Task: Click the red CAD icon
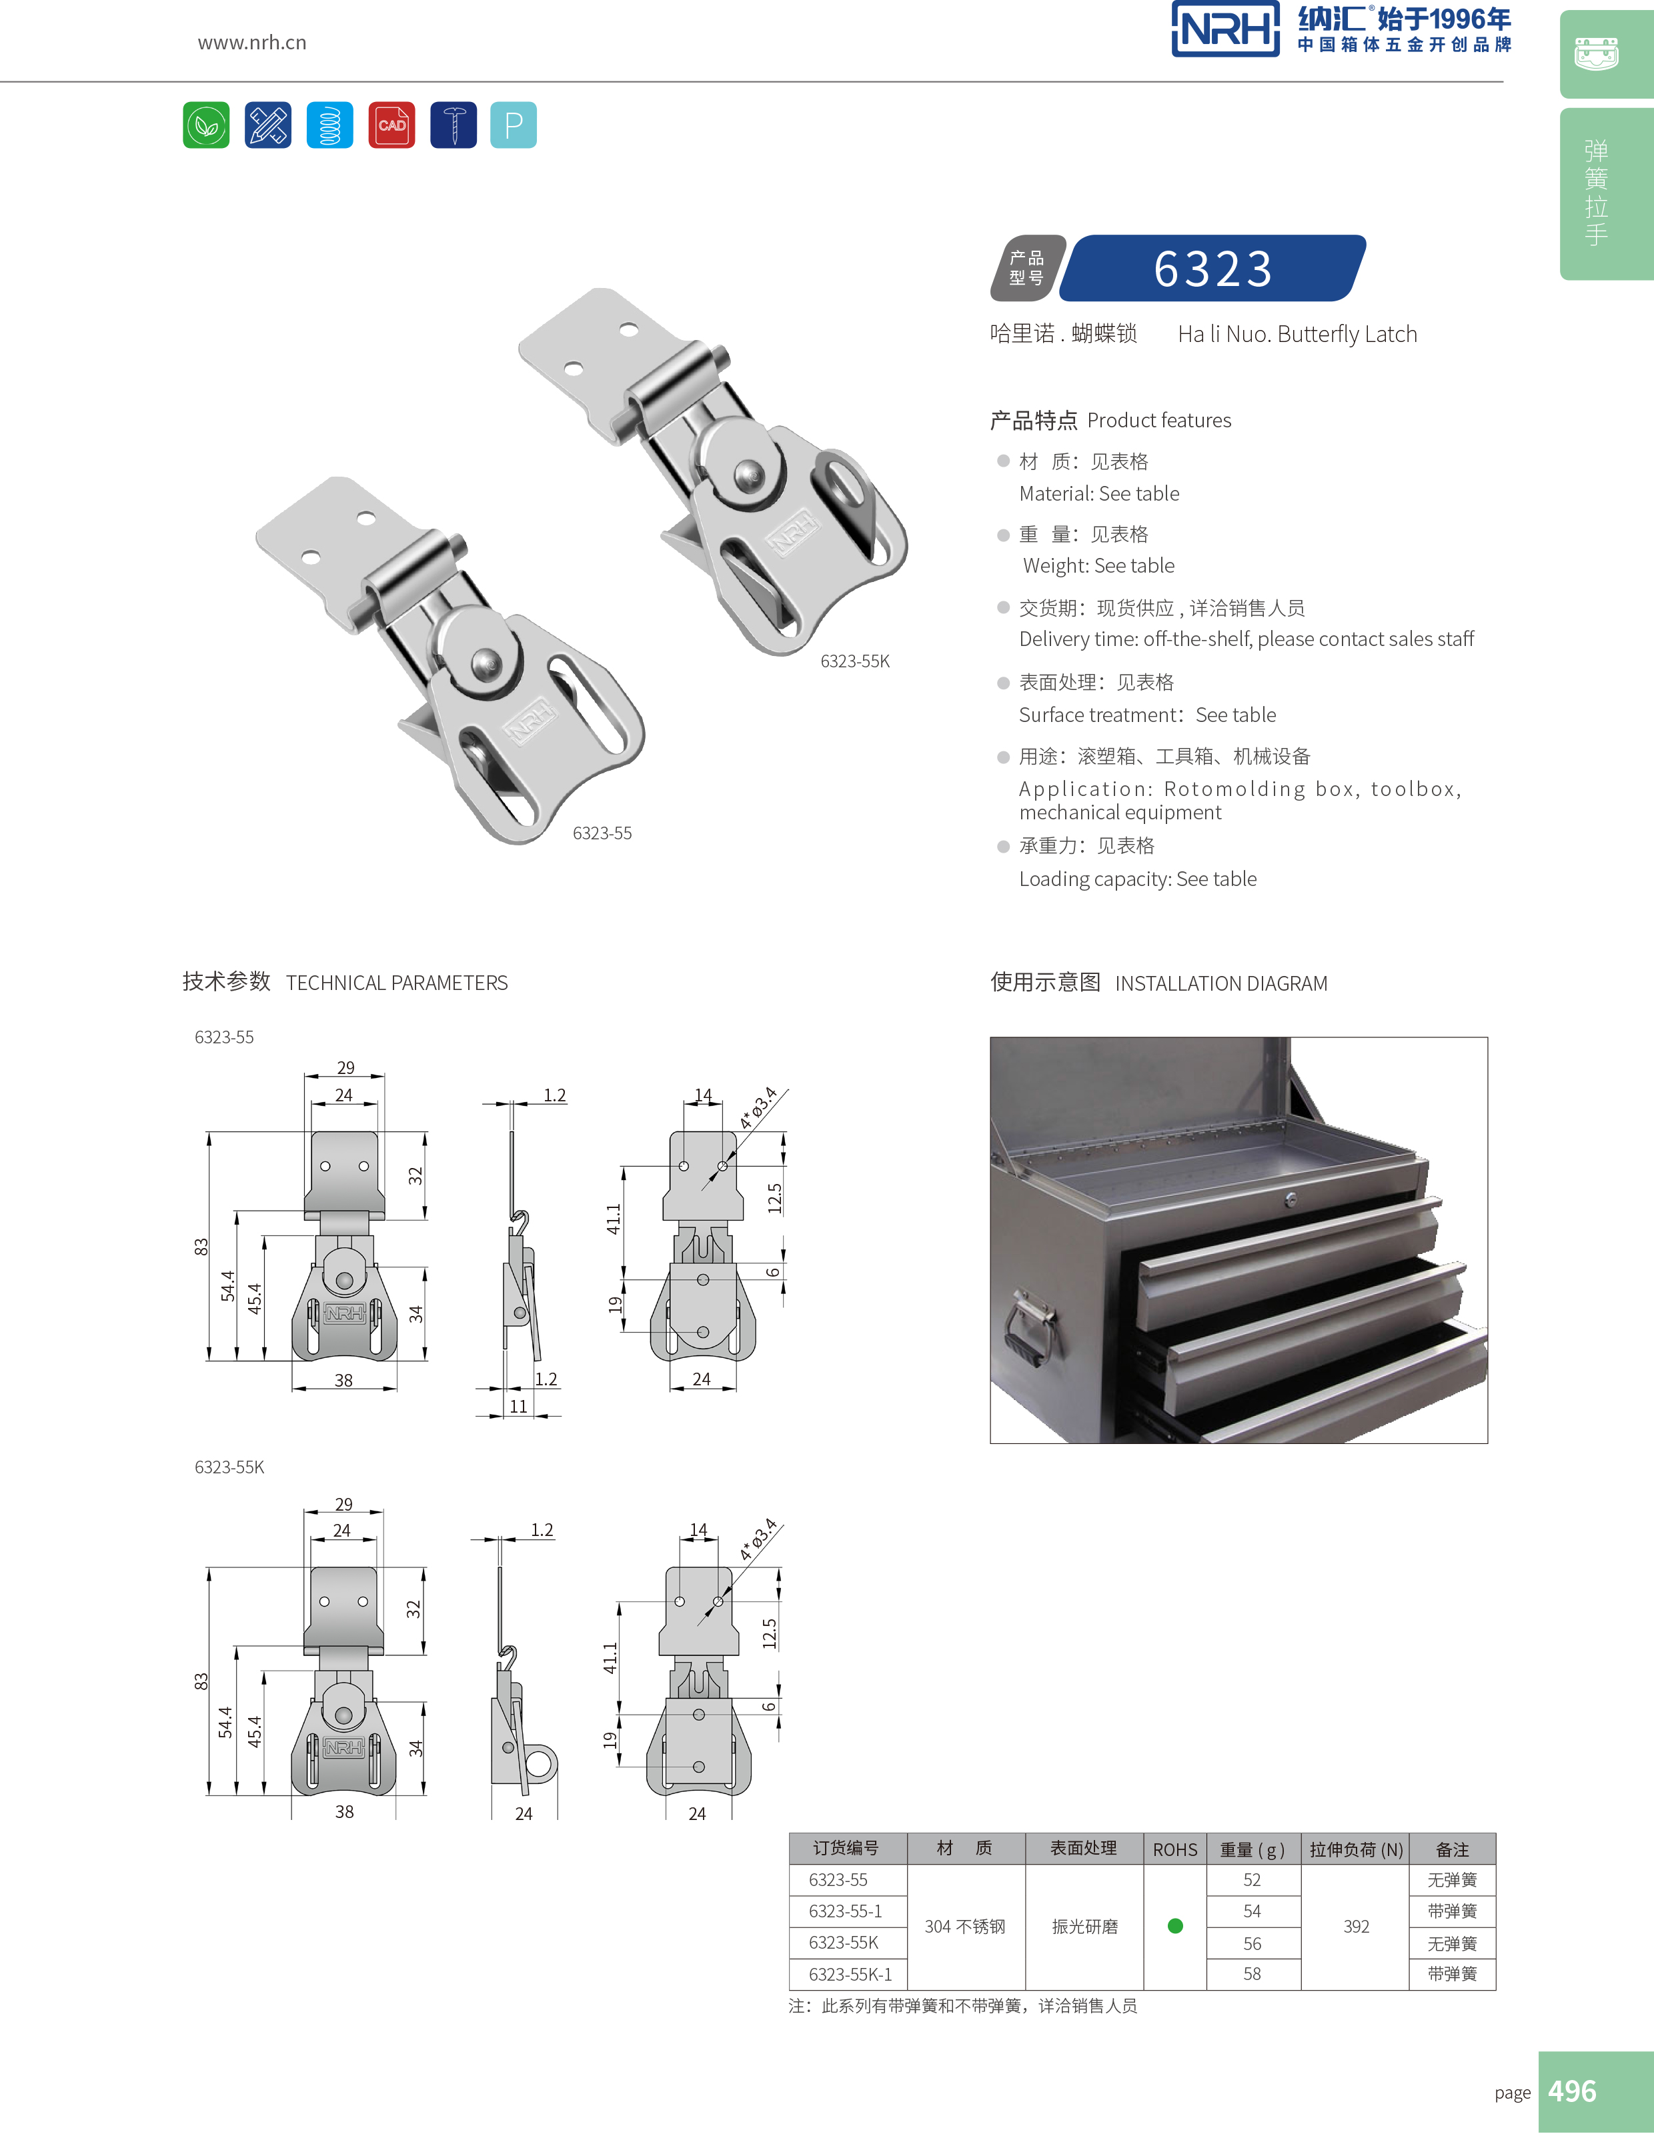tap(391, 125)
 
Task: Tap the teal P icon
tap(513, 125)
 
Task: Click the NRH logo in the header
tap(1225, 29)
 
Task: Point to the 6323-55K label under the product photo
tap(854, 662)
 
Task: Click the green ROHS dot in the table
tap(1175, 1926)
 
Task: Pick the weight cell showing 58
tap(1252, 1973)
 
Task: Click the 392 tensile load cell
tap(1356, 1926)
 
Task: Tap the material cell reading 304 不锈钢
tap(964, 1926)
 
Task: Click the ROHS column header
tap(1174, 1849)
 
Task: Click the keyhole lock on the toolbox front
tap(1291, 1199)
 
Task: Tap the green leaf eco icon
tap(206, 125)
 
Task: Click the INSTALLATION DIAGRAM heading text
tap(1220, 983)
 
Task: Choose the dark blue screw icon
tap(454, 125)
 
